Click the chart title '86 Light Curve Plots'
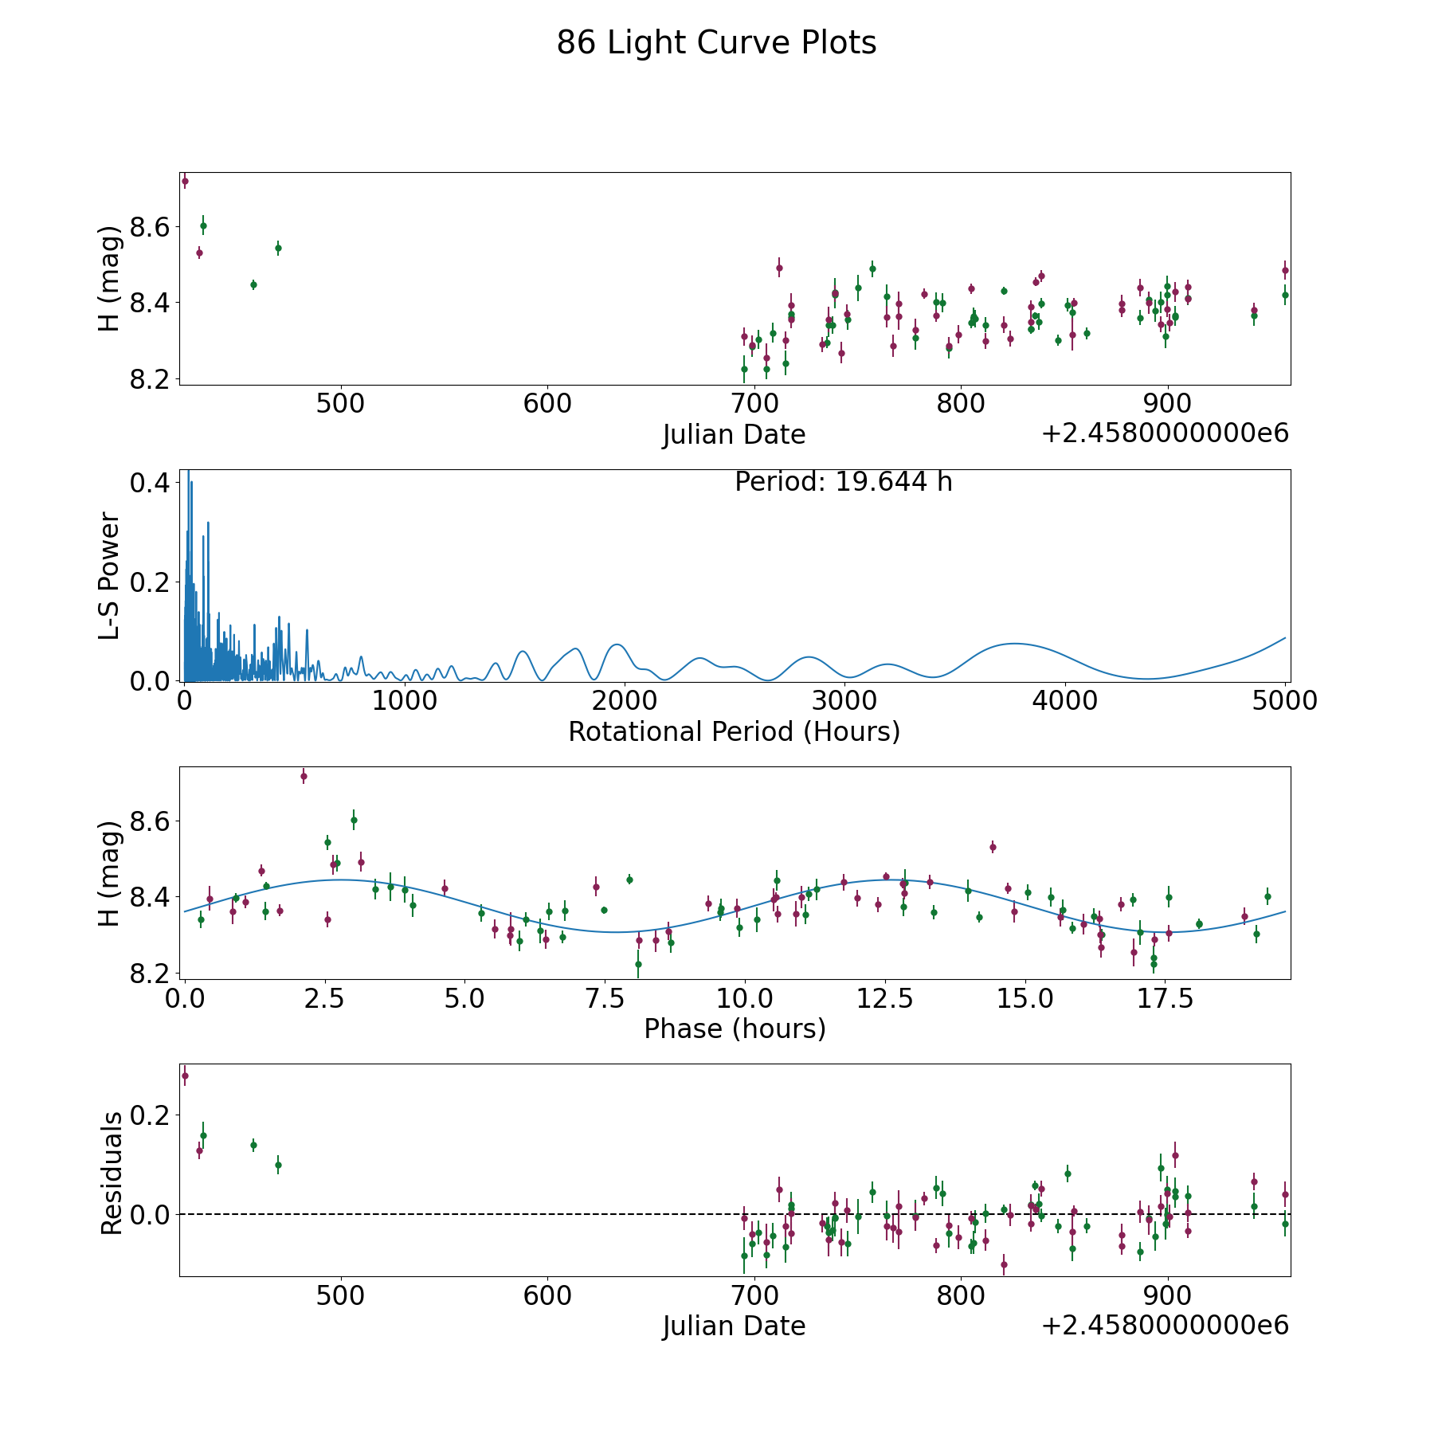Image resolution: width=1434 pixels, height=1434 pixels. click(716, 43)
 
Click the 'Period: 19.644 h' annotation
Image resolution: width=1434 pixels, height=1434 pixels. click(843, 482)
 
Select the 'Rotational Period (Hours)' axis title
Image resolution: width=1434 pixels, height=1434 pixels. click(734, 731)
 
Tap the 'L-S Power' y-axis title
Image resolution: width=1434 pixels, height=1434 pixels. click(110, 575)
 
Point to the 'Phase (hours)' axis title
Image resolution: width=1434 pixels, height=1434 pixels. click(734, 1028)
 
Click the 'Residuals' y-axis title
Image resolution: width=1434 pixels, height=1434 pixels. click(112, 1173)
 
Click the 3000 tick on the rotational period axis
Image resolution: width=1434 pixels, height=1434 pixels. click(845, 701)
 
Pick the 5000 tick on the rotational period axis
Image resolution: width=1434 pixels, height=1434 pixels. click(1285, 701)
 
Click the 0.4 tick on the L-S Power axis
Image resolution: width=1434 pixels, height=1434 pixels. click(151, 483)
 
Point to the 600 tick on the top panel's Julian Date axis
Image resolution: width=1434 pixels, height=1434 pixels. click(548, 404)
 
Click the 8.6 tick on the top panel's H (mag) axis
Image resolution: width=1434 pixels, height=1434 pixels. click(151, 228)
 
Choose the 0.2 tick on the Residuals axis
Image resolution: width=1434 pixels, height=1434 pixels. click(151, 1115)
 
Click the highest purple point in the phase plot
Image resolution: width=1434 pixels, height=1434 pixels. click(304, 777)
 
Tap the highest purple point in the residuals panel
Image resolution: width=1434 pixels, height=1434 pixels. click(185, 1076)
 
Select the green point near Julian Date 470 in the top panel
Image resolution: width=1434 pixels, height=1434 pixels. click(278, 249)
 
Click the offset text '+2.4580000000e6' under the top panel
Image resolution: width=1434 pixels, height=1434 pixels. click(1165, 434)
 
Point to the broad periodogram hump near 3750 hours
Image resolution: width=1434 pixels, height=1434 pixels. click(1013, 644)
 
